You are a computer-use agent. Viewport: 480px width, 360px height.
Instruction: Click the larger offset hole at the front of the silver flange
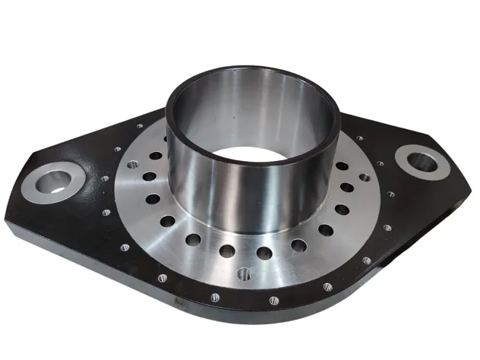245,273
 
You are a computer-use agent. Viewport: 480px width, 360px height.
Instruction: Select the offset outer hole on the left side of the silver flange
133,164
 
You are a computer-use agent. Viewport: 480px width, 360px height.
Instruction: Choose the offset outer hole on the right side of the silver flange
365,178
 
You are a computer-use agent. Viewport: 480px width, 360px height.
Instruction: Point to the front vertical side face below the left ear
30,228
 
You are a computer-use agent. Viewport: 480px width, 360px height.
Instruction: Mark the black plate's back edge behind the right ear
395,129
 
